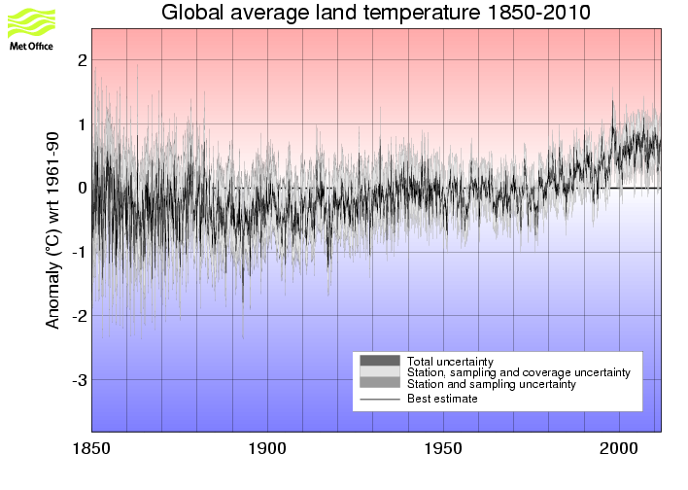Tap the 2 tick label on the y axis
(x=83, y=60)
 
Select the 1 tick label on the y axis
(x=83, y=124)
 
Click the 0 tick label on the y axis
(x=83, y=189)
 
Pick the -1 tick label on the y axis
(x=79, y=253)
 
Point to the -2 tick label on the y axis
(x=79, y=316)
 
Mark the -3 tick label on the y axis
(x=79, y=380)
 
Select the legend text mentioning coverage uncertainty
(x=519, y=372)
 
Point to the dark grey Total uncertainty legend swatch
(x=380, y=361)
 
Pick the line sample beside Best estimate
(x=380, y=399)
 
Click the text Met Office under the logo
(x=31, y=46)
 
